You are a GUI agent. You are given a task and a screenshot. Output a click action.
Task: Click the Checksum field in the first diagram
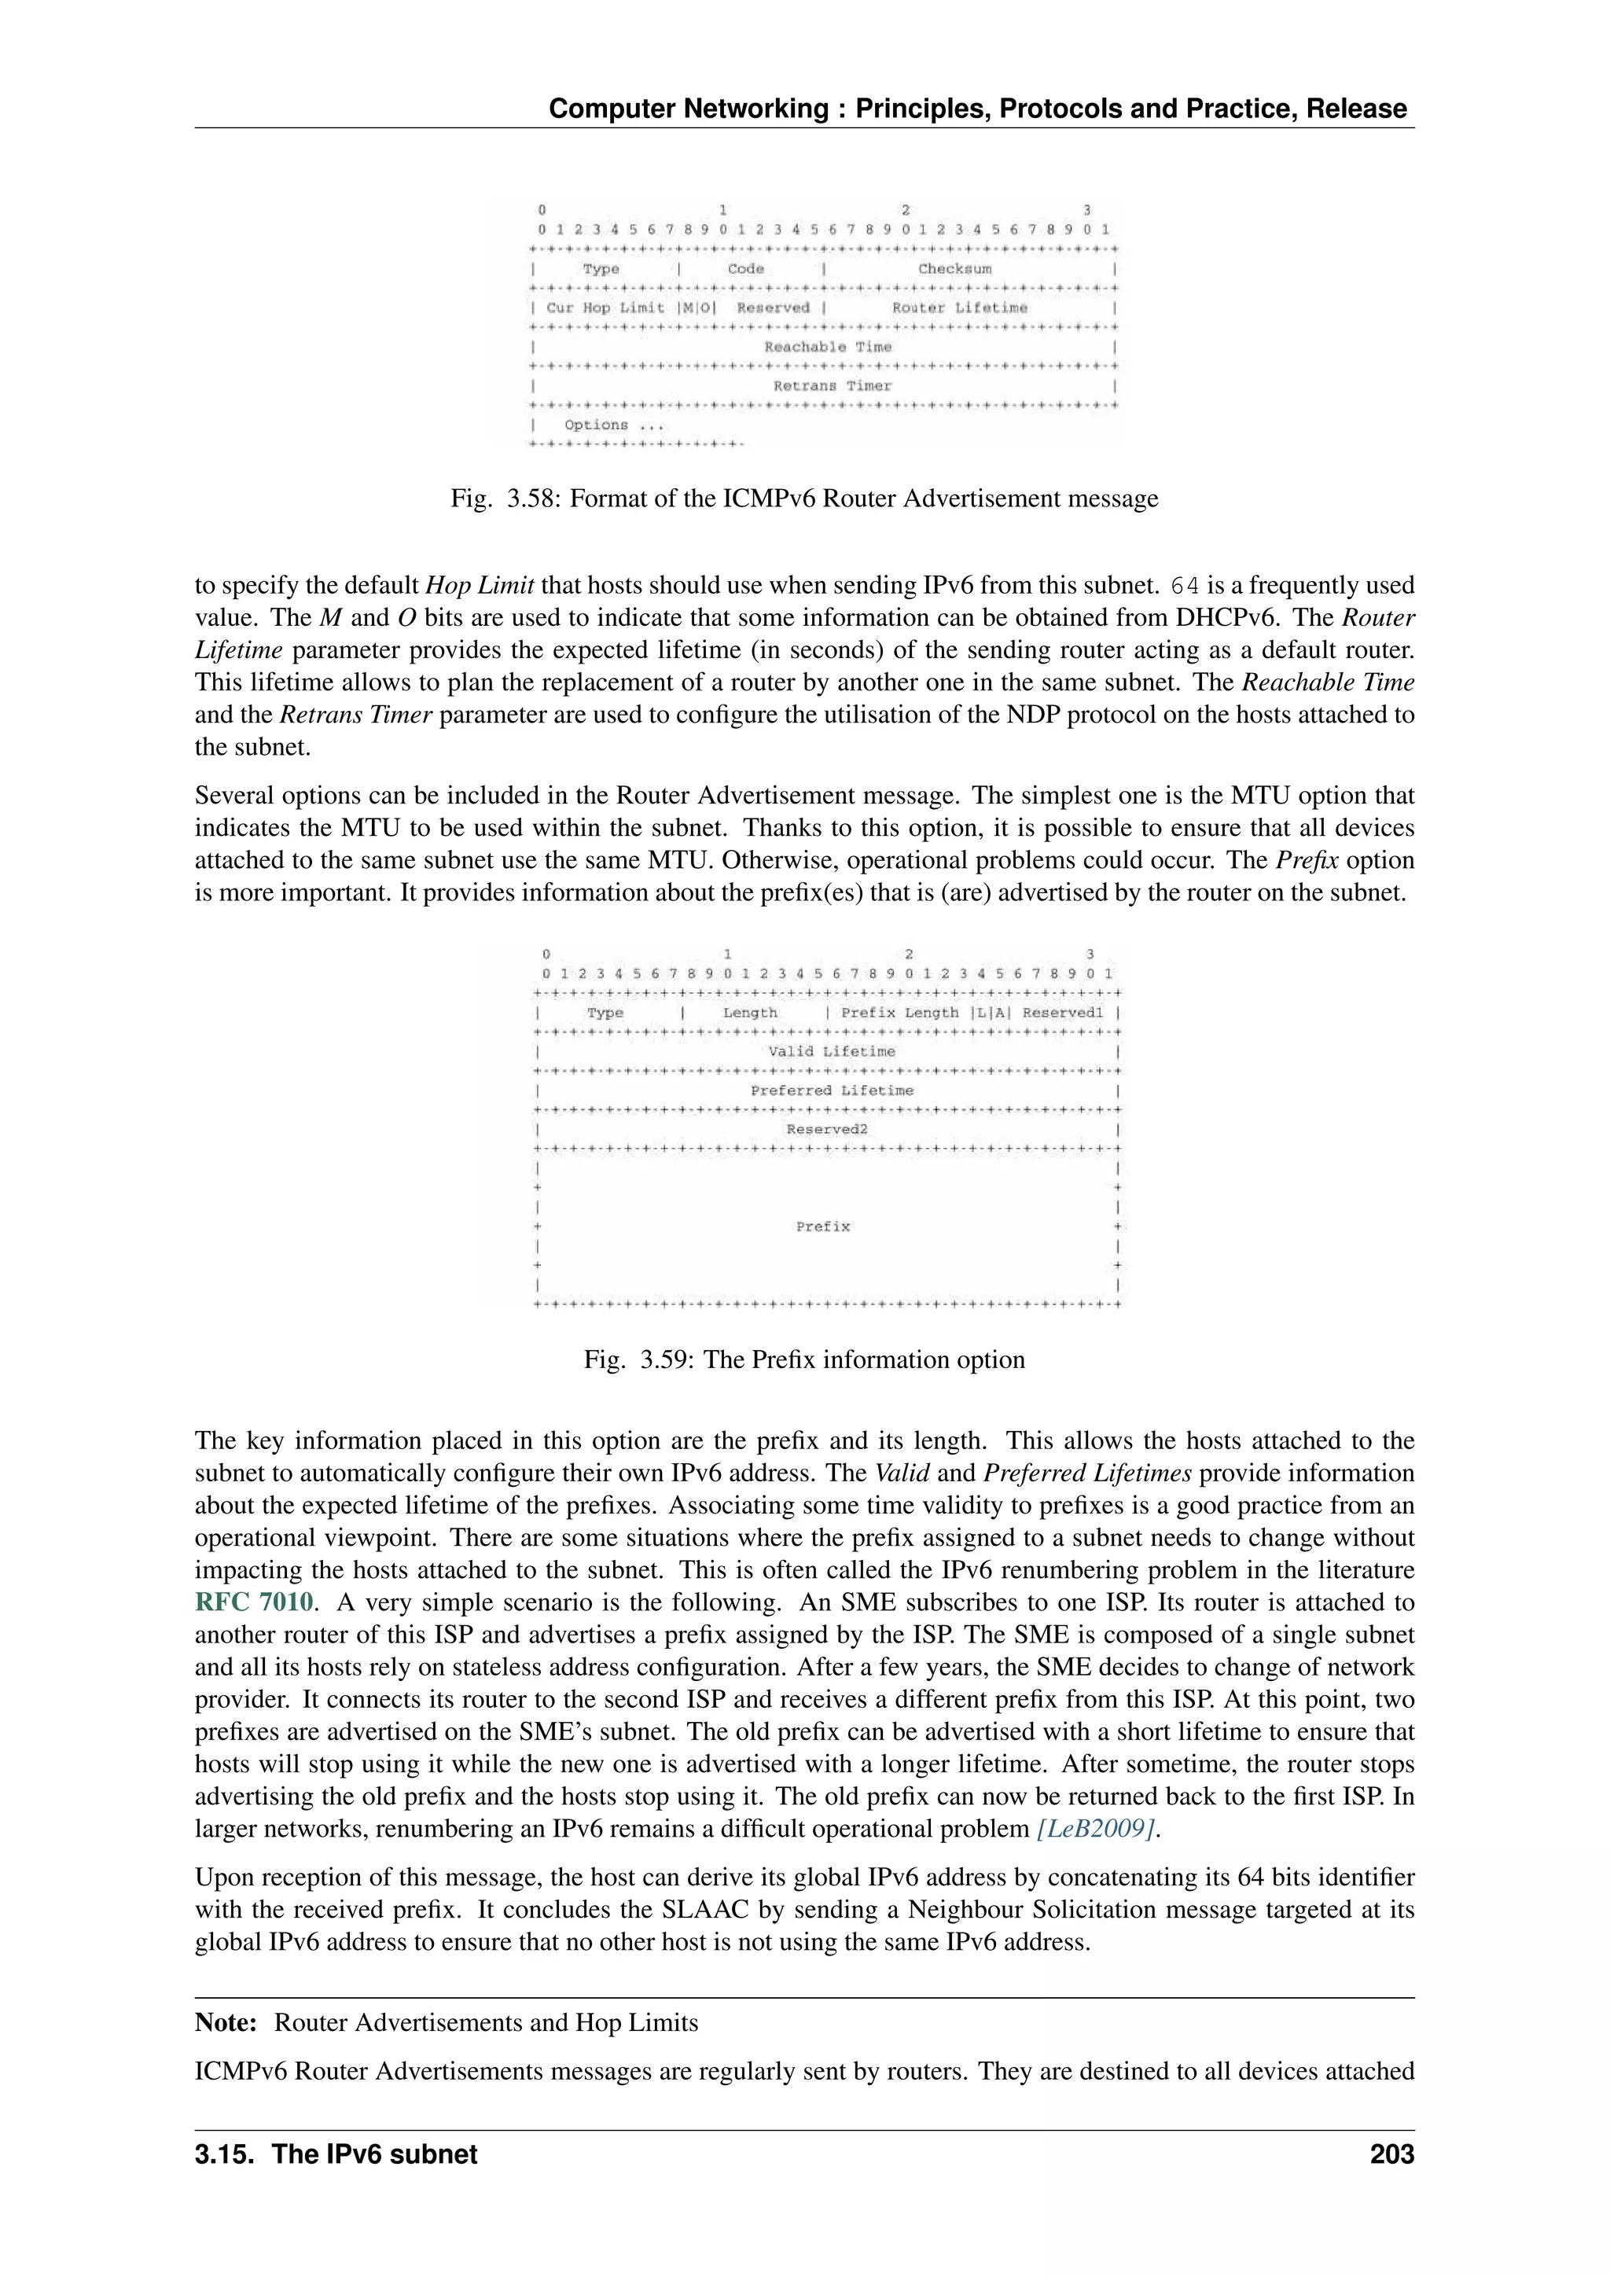[954, 269]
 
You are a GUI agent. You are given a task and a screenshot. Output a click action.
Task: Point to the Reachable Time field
[827, 347]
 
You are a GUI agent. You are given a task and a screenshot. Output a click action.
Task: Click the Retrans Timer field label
[832, 386]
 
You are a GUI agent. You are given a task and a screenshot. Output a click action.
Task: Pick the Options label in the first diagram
[597, 425]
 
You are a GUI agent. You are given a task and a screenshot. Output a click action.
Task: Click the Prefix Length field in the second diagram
[899, 1013]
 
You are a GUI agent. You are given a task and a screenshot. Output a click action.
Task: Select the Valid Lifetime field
[831, 1051]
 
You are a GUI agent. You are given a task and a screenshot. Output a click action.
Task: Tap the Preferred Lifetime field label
[832, 1090]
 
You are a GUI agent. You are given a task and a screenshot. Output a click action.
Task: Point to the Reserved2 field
[827, 1128]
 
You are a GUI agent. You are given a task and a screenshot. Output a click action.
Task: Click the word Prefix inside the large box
[823, 1227]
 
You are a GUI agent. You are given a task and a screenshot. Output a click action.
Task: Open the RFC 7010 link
[254, 1602]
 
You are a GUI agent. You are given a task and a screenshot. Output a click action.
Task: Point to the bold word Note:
[226, 2022]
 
